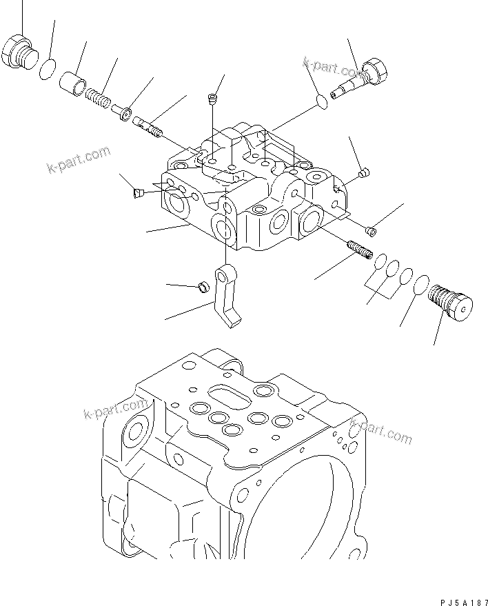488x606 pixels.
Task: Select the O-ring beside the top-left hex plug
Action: [x=48, y=70]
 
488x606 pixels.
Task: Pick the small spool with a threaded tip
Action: [x=148, y=125]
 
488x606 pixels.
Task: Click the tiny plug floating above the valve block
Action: [x=213, y=100]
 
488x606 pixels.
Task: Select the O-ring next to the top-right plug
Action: [x=318, y=102]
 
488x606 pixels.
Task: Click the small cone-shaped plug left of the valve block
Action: [x=137, y=194]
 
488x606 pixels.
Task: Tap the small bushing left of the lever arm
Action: [x=204, y=287]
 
